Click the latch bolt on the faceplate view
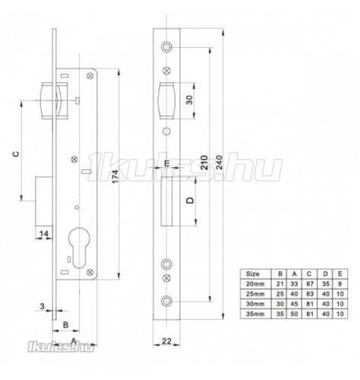[x=164, y=100]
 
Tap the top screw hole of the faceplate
[x=165, y=43]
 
